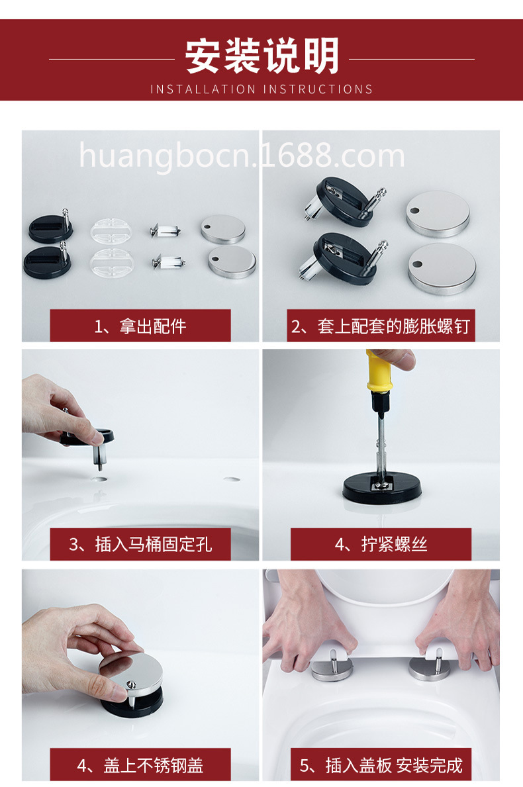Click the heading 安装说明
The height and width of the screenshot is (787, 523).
[261, 56]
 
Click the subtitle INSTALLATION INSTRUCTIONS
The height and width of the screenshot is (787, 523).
[261, 89]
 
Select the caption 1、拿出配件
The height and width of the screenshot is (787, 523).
[140, 326]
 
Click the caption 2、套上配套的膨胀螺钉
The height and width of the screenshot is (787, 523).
[381, 326]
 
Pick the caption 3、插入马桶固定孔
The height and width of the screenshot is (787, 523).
[140, 544]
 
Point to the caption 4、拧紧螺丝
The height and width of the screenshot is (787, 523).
[381, 544]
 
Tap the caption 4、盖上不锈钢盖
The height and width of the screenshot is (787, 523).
[140, 765]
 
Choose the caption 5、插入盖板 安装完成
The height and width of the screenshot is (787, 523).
[381, 765]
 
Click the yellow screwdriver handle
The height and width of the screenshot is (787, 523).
[382, 377]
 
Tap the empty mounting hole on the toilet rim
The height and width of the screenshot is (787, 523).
[232, 478]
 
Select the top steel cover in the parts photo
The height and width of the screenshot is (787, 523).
[223, 228]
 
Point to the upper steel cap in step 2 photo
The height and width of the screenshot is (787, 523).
[438, 213]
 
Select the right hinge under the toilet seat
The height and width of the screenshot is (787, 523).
[430, 667]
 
